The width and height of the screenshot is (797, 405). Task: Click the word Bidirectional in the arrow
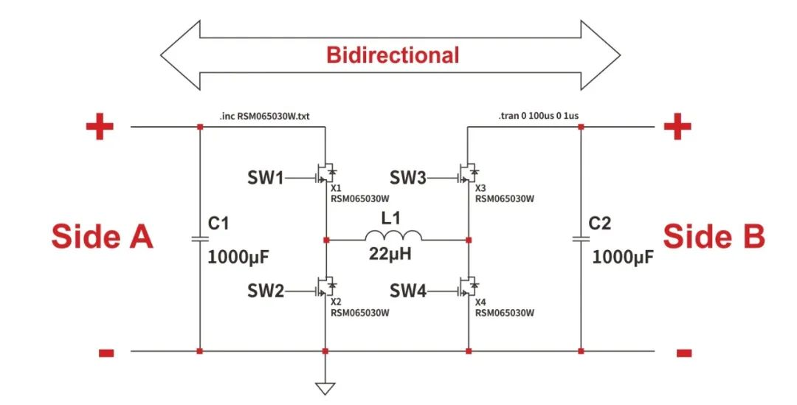[x=393, y=55]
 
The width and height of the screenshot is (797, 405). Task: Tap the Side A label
[x=102, y=237]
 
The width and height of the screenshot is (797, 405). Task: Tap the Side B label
[x=714, y=237]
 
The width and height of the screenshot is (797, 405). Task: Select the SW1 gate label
[x=265, y=178]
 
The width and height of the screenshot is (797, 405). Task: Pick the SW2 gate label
[x=265, y=292]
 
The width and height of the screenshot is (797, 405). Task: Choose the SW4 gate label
[x=408, y=292]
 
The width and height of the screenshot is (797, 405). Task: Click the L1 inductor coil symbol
[x=392, y=236]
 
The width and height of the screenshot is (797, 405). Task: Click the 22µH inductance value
[x=392, y=255]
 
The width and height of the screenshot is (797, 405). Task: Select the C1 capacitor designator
[x=219, y=224]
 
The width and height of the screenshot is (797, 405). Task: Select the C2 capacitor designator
[x=600, y=224]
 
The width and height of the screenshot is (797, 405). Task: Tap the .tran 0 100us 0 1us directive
[x=543, y=116]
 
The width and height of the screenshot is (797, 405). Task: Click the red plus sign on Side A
[x=100, y=128]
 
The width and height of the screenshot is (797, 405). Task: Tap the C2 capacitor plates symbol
[x=581, y=239]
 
